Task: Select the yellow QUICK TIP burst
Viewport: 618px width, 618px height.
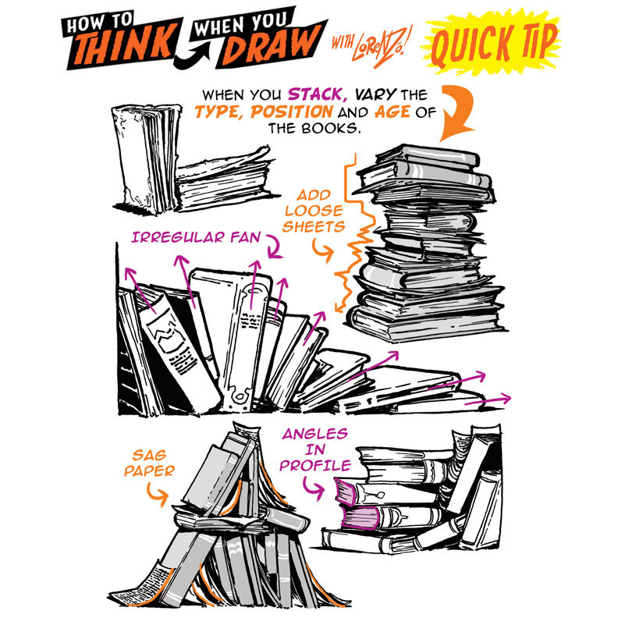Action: [x=492, y=44]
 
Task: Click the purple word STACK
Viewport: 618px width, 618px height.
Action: [x=318, y=94]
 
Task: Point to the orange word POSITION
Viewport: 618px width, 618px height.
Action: [x=292, y=112]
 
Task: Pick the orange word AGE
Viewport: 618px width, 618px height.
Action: [x=392, y=112]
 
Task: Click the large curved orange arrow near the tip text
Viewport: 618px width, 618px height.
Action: [x=459, y=110]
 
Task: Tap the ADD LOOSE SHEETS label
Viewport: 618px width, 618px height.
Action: [x=314, y=211]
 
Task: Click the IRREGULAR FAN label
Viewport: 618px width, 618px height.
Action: [x=196, y=237]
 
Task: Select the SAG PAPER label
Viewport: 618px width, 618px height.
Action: [x=149, y=463]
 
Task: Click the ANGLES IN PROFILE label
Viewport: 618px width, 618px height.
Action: [x=315, y=449]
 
